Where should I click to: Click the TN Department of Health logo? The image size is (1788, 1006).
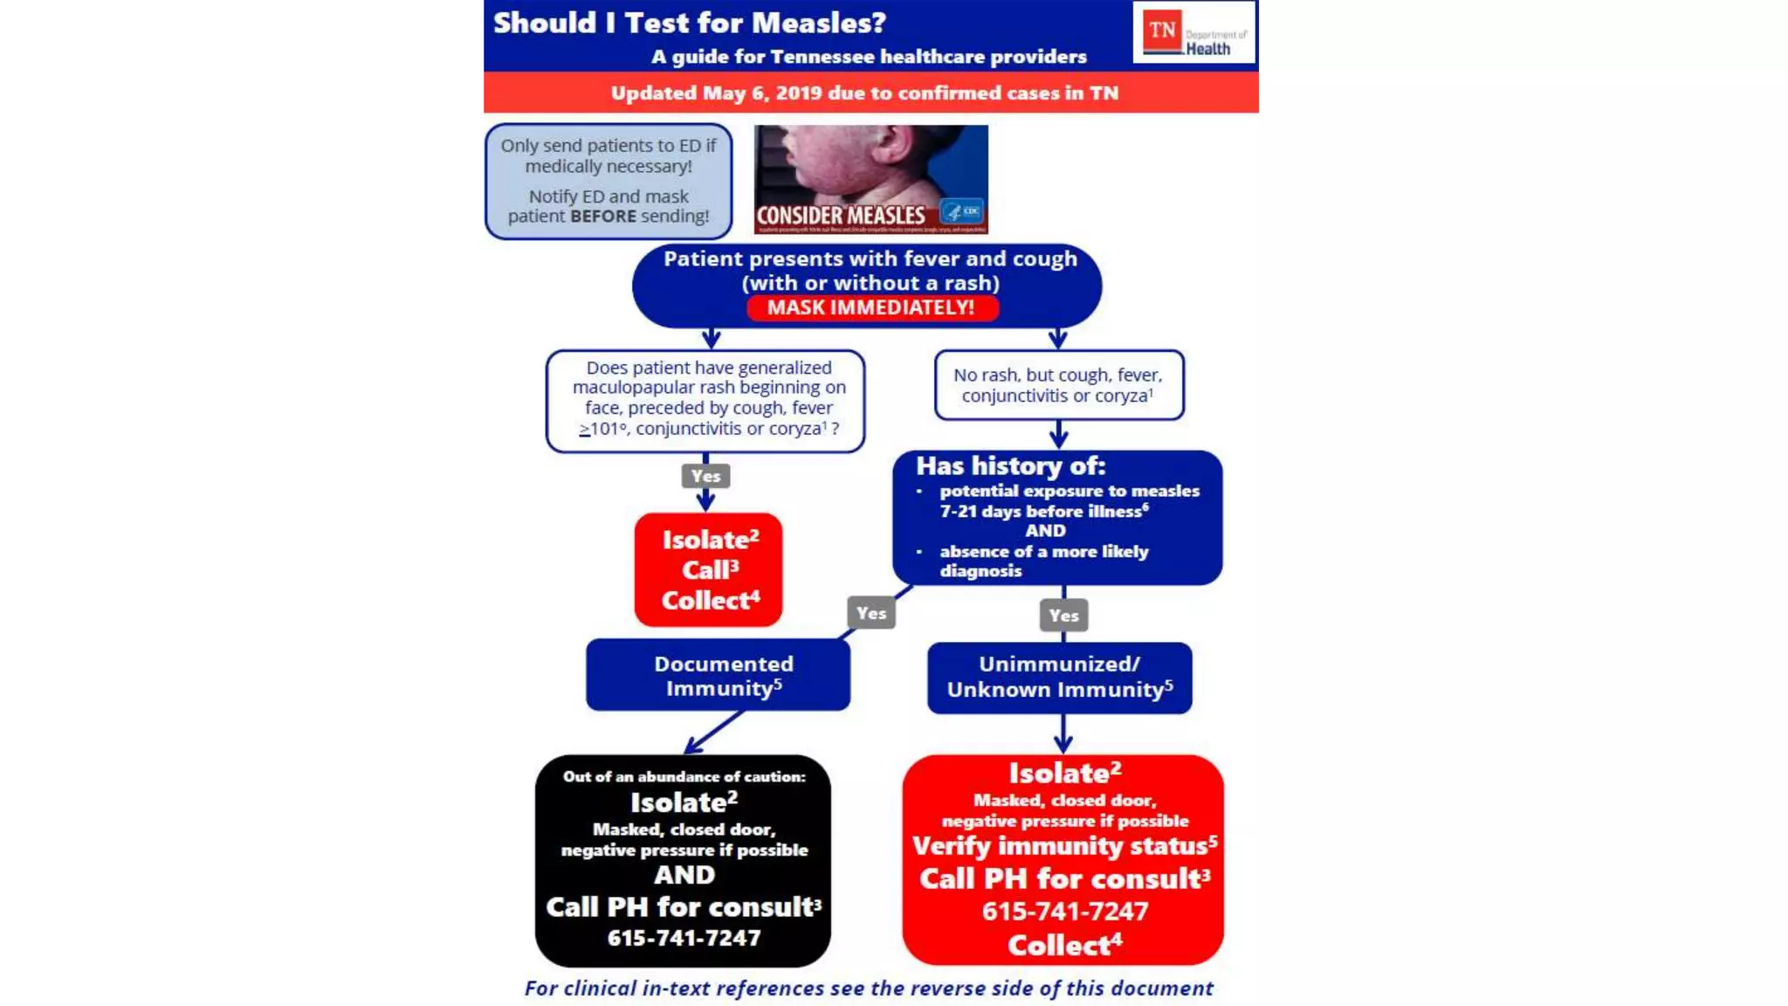coord(1193,32)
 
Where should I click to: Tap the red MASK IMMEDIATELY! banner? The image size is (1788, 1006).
coord(871,307)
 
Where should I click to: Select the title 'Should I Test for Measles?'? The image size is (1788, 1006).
coord(690,23)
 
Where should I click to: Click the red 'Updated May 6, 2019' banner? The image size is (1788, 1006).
coord(864,93)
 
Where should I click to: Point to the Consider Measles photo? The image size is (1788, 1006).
coord(870,179)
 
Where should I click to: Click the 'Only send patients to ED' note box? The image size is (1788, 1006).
coord(609,181)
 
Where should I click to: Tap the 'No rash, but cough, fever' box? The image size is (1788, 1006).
coord(1058,385)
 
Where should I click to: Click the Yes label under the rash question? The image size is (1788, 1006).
coord(705,476)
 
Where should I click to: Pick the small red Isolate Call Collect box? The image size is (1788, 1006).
coord(709,569)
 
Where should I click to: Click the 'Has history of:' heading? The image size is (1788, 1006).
coord(1010,466)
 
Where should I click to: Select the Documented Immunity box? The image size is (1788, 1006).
coord(719,676)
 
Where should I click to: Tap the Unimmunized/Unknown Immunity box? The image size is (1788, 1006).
coord(1059,678)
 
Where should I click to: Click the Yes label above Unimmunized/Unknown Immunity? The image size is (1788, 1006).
coord(1063,615)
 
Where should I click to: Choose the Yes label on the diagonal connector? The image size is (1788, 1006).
coord(871,613)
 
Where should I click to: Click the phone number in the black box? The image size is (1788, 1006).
coord(684,938)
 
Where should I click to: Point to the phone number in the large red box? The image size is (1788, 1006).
coord(1064,912)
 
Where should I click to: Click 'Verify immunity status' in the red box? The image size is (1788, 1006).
coord(1064,846)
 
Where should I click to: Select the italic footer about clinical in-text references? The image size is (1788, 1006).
coord(869,988)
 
